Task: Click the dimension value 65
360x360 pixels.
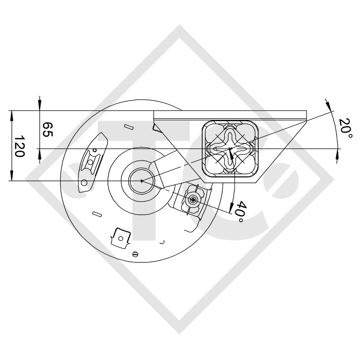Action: click(47, 130)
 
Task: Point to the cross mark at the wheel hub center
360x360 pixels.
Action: click(141, 181)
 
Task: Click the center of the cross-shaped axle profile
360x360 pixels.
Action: click(230, 149)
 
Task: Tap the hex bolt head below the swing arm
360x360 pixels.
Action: click(193, 200)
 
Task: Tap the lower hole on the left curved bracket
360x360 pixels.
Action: click(84, 182)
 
